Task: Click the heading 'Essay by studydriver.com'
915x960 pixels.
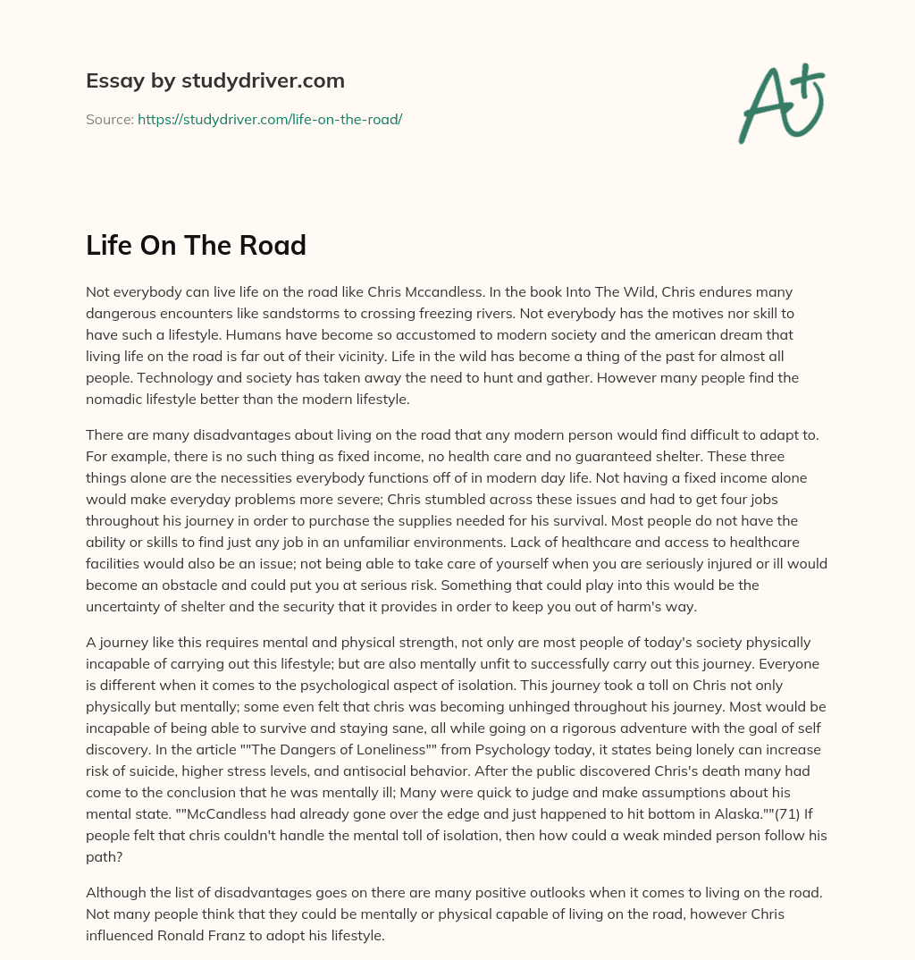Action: tap(215, 81)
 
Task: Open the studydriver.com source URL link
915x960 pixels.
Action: tap(269, 119)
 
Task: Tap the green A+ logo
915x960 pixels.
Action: tap(780, 102)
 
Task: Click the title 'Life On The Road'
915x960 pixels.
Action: tap(196, 245)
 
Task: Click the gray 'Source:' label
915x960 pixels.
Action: tap(109, 119)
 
